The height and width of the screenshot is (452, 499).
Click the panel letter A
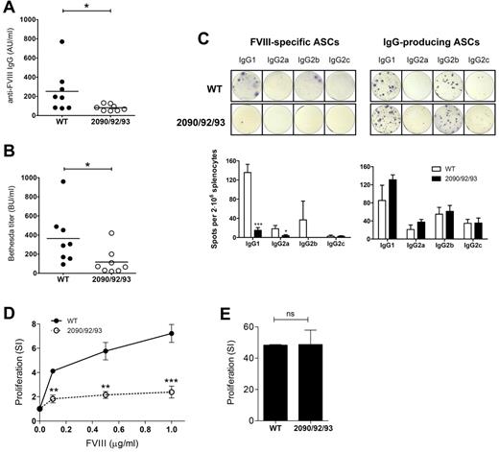[x=8, y=9]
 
